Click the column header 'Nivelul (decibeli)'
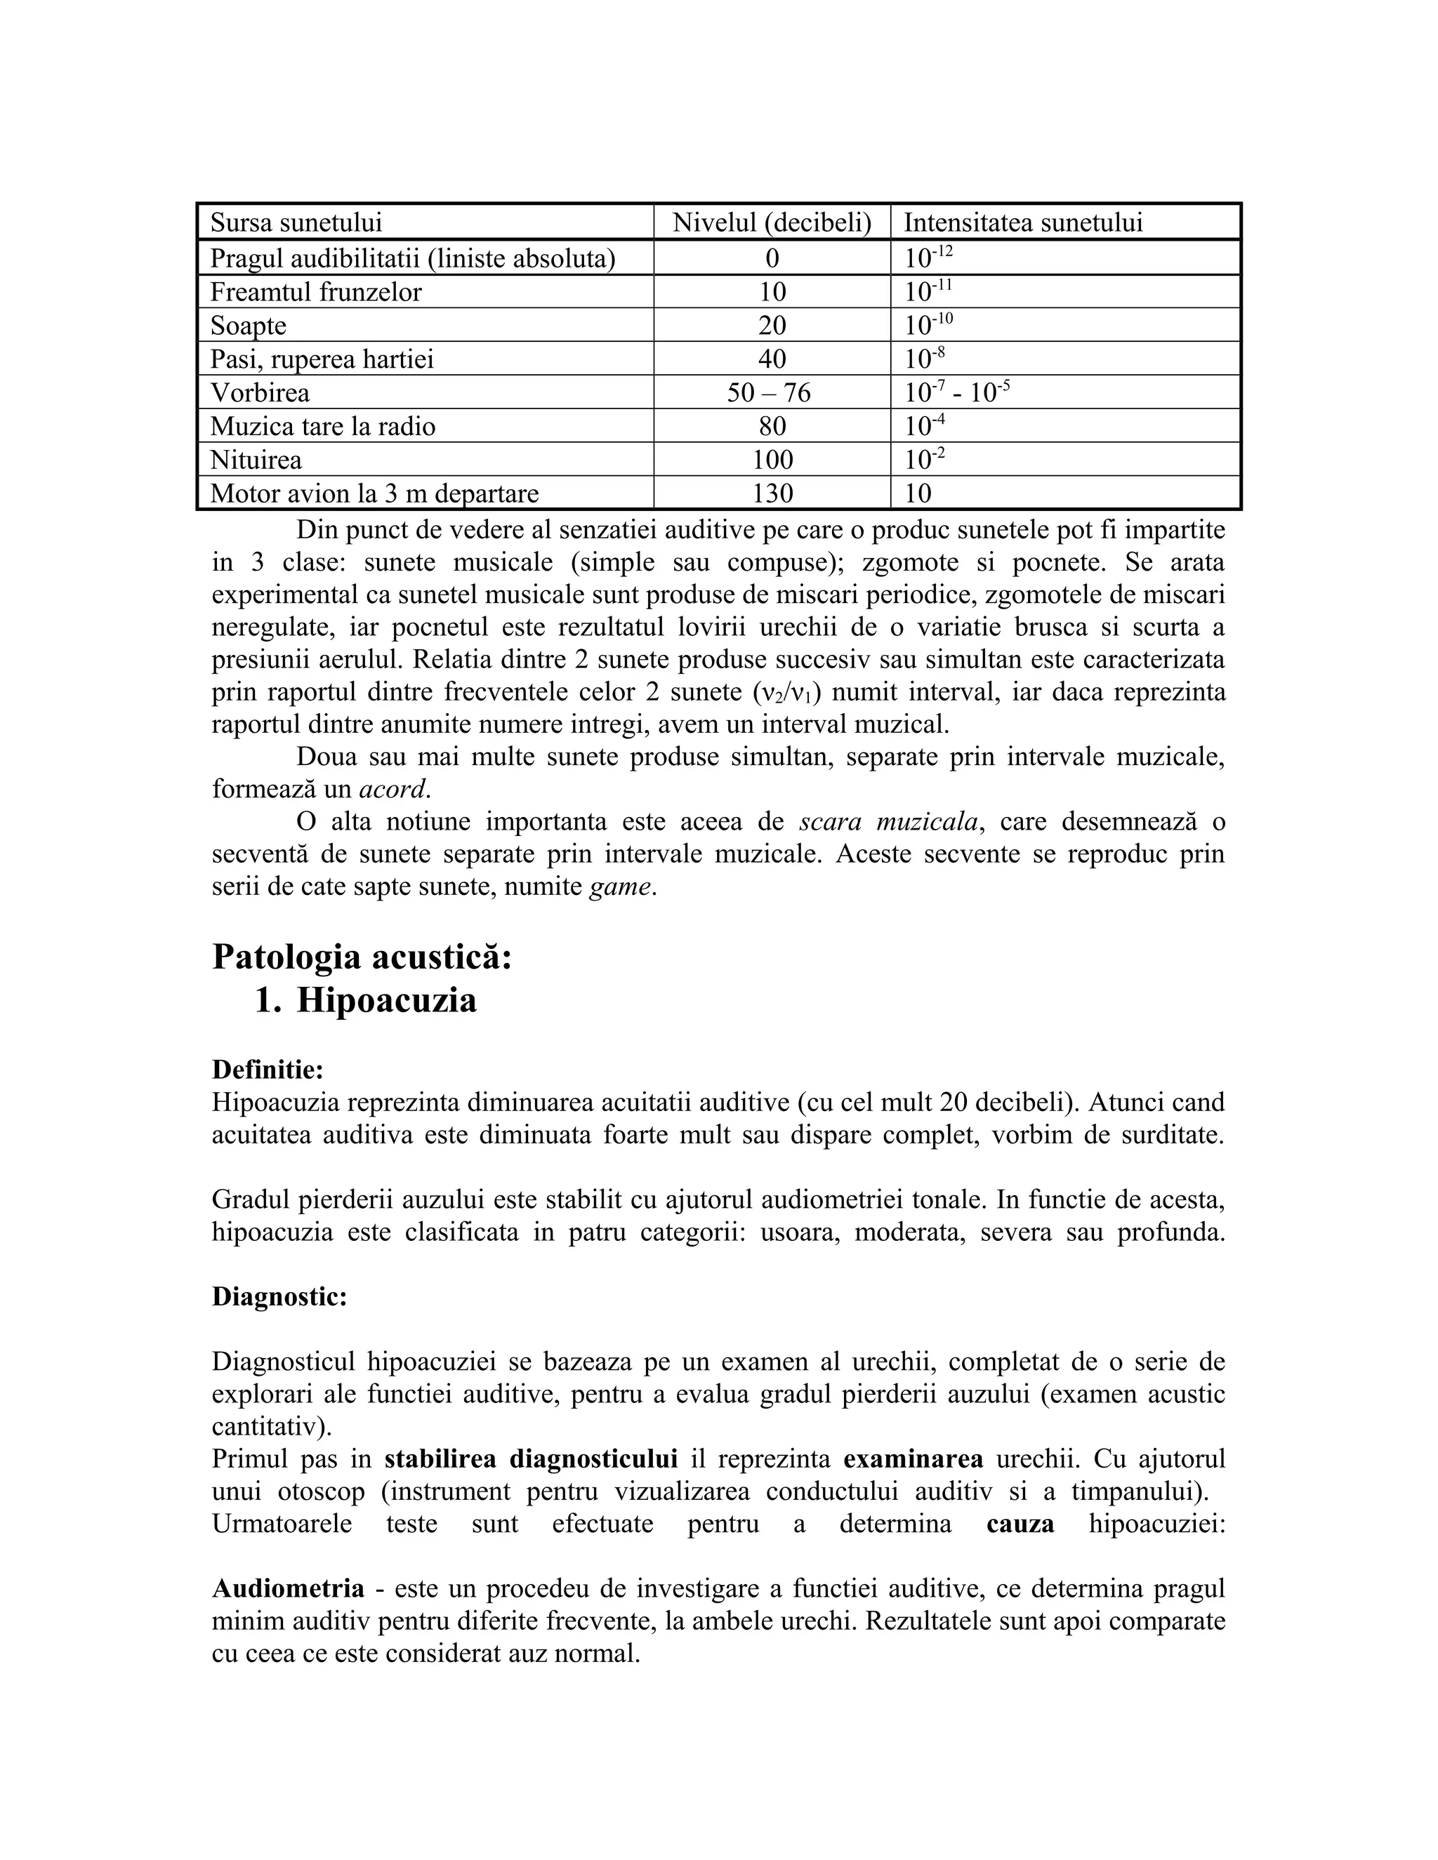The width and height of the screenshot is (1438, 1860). click(772, 223)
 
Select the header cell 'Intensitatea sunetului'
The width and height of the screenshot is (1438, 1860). click(1022, 223)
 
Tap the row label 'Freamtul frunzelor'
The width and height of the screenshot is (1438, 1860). click(316, 292)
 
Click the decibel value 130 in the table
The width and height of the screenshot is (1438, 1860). click(772, 493)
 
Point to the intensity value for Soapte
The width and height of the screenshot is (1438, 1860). click(928, 326)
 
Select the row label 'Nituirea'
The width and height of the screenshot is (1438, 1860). click(256, 460)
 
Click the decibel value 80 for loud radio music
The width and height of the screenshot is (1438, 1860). click(772, 426)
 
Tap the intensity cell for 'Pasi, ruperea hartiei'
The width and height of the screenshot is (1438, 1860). click(924, 359)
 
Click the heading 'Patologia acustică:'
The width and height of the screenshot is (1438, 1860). click(362, 957)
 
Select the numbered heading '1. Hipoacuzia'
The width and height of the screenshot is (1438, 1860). click(367, 999)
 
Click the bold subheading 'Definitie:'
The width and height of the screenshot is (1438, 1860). click(268, 1069)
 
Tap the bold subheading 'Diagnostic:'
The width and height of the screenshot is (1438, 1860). click(279, 1297)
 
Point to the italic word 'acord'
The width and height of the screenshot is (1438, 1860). click(391, 790)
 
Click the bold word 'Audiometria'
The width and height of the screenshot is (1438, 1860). click(288, 1588)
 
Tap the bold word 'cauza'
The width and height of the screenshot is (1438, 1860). click(1020, 1524)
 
